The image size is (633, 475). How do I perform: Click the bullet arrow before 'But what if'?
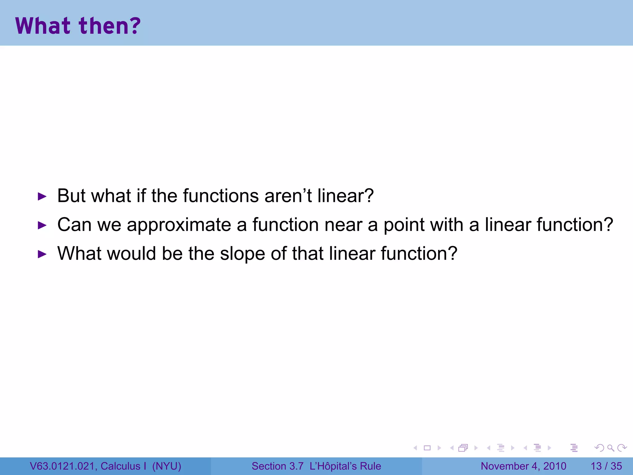(x=42, y=196)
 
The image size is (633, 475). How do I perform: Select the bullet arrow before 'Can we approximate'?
(x=42, y=225)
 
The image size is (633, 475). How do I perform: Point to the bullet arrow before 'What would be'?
(x=42, y=254)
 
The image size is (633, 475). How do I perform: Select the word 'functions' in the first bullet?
(x=221, y=196)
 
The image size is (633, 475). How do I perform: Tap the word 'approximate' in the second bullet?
(x=179, y=225)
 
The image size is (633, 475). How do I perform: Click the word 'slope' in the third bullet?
(x=242, y=254)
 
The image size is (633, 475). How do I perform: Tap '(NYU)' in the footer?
(x=167, y=466)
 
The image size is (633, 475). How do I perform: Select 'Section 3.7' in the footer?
(x=277, y=466)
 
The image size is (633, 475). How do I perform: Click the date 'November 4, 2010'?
(x=523, y=466)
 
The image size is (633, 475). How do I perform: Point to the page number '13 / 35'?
(x=606, y=466)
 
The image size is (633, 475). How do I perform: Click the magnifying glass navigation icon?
(x=610, y=448)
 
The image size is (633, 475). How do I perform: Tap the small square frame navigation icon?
(x=427, y=448)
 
